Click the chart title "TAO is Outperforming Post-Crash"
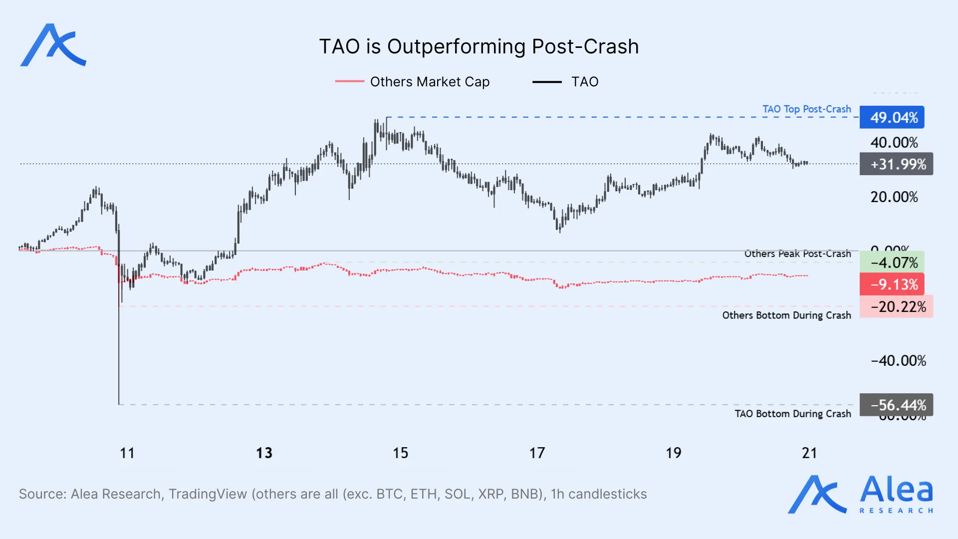tap(479, 46)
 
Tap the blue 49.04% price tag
tap(892, 118)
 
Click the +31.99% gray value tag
tap(897, 164)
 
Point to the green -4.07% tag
tap(892, 263)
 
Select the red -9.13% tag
tap(892, 284)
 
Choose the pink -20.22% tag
tap(897, 306)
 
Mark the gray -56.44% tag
tap(897, 405)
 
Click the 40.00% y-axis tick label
tap(894, 143)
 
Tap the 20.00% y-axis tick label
tap(894, 197)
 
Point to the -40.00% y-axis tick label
tap(898, 361)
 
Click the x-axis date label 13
tap(264, 453)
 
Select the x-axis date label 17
tap(537, 453)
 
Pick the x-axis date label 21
tap(809, 453)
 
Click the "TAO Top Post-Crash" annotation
tap(806, 109)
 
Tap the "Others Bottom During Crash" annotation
tap(786, 315)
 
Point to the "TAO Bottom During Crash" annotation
tap(792, 414)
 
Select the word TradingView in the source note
tap(208, 494)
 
